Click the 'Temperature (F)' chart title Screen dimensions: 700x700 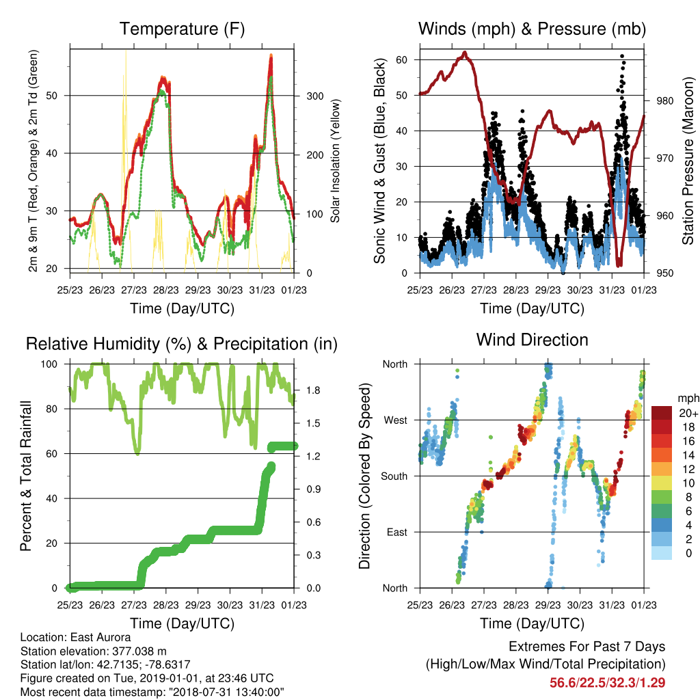[182, 29]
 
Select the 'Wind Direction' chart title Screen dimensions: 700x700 [532, 340]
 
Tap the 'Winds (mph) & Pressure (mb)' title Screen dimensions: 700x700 [532, 29]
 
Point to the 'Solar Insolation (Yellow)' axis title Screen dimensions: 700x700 [335, 161]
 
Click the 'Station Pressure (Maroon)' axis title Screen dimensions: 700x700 [688, 161]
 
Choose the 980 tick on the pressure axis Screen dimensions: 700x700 [664, 101]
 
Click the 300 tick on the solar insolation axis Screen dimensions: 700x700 [314, 96]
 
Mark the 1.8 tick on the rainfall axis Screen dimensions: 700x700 [313, 390]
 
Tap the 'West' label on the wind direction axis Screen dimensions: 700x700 [396, 420]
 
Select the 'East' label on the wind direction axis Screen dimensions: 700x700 [397, 532]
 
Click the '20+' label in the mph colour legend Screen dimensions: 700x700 [688, 413]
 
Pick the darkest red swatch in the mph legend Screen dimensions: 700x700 [662, 413]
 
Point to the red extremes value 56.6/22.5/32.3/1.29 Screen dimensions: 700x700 [607, 683]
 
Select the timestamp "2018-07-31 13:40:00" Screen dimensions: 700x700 [226, 692]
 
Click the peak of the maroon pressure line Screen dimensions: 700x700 [465, 53]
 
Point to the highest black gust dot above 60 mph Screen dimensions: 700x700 [622, 56]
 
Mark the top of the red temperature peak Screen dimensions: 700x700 [271, 55]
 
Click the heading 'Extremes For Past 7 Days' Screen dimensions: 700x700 [587, 647]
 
